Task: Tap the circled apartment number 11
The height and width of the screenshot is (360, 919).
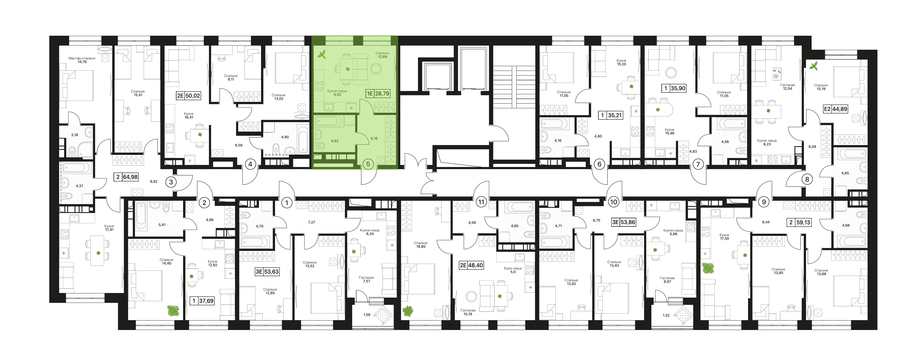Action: point(481,202)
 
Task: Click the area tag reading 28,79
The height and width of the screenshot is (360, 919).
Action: point(382,94)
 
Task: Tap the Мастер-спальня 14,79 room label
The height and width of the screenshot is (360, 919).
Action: point(82,60)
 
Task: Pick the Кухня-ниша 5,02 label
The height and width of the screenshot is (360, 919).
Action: point(337,93)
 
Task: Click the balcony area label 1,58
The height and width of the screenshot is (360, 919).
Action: point(367,315)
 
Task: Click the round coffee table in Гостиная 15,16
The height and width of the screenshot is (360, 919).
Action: point(471,296)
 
